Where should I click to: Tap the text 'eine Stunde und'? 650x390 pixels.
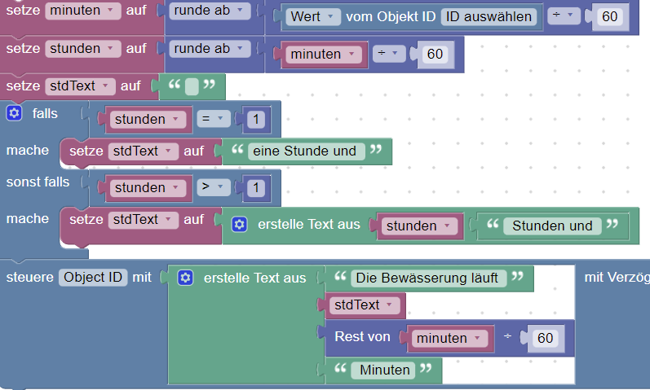coord(304,151)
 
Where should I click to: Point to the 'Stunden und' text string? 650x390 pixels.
coord(552,226)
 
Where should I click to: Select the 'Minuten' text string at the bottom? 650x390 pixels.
coord(385,370)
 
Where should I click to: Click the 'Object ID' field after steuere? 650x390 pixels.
coord(93,277)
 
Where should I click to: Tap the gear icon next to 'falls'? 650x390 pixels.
coord(14,113)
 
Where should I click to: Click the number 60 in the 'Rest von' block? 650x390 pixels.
coord(543,337)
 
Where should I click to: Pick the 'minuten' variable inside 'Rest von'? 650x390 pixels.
coord(448,337)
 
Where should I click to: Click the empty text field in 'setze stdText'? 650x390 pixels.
coord(191,85)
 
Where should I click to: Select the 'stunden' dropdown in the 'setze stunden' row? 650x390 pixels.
coord(81,48)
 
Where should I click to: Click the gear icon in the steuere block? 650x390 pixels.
coord(184,278)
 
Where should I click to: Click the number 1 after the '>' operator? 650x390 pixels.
coord(255,188)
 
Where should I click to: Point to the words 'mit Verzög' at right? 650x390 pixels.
coord(617,278)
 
